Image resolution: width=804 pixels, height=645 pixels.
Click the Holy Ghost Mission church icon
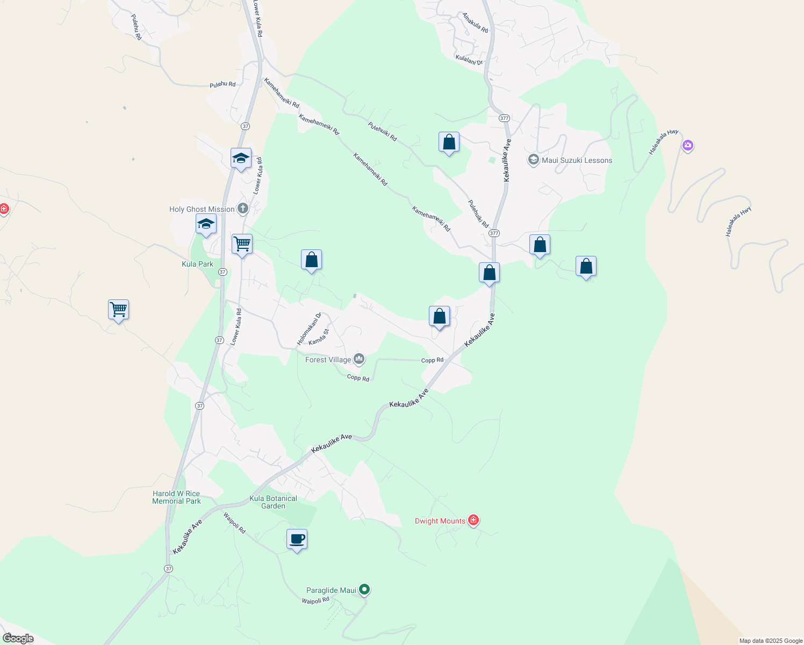pos(243,209)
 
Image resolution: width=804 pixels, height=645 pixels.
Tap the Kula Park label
pos(197,264)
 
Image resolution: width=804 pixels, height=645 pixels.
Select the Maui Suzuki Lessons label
pos(577,160)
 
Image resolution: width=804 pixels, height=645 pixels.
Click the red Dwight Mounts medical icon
pos(473,520)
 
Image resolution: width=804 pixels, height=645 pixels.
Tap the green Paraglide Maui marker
pos(364,590)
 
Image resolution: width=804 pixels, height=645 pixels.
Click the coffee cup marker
pos(297,539)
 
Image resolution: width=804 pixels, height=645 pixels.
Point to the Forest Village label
pos(328,360)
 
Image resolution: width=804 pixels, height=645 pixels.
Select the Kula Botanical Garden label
pos(273,502)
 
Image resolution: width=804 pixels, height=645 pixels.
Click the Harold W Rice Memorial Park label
pos(176,497)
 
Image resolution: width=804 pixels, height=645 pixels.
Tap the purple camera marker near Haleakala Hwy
pos(687,145)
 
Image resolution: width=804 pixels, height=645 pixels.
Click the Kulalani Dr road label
pos(469,60)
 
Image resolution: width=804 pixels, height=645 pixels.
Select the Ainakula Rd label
pos(475,23)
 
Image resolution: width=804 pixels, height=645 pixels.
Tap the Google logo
pos(18,639)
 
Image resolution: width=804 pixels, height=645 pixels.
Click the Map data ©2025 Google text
pos(771,641)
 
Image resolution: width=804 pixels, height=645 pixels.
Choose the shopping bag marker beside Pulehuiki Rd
pos(449,142)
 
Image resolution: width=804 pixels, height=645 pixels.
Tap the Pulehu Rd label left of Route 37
pos(222,85)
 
